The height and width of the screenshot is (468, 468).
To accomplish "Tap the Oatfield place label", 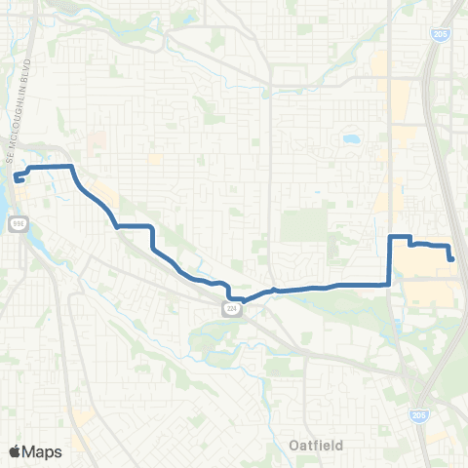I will (318, 446).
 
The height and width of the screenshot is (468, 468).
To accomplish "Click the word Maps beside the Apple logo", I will (45, 451).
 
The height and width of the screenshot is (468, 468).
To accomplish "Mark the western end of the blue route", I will (18, 178).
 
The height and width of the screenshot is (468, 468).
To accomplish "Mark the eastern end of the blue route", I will (451, 258).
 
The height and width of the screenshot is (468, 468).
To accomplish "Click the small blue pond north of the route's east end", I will (349, 138).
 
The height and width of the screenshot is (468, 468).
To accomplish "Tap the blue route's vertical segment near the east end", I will (390, 259).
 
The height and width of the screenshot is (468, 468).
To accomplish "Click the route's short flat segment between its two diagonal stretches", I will (135, 226).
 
